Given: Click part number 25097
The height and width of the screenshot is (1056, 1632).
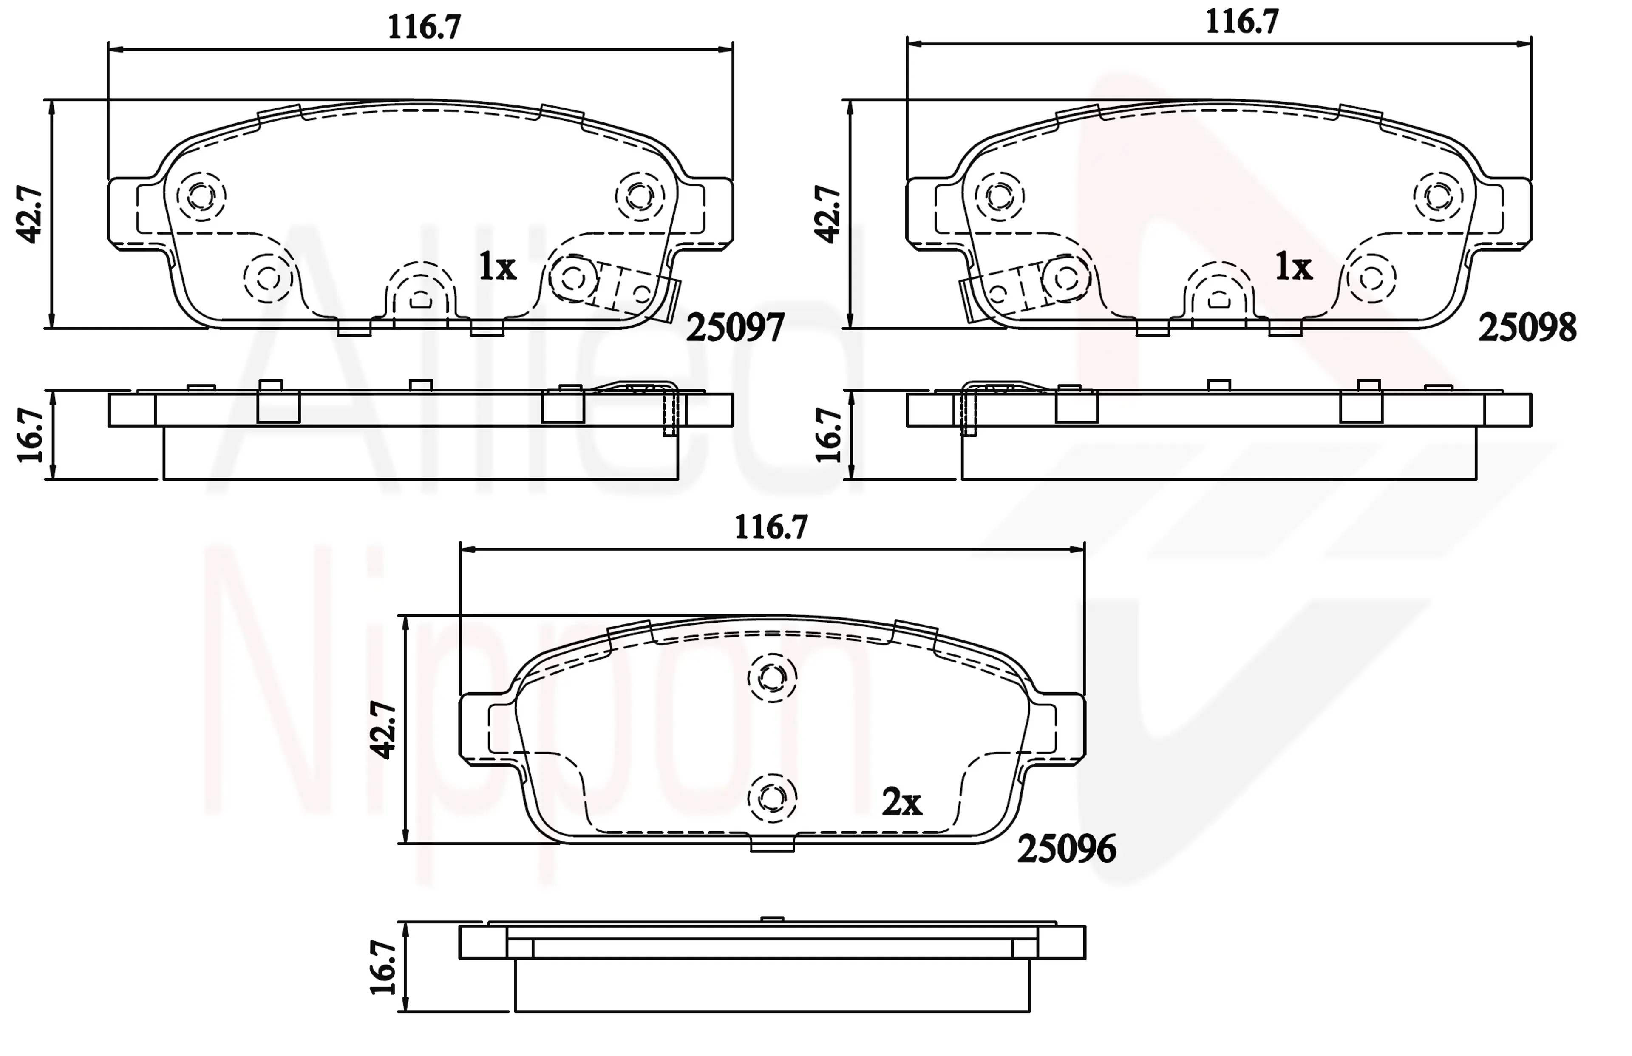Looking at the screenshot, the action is pos(735,328).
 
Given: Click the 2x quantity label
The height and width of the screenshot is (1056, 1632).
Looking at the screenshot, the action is pos(902,802).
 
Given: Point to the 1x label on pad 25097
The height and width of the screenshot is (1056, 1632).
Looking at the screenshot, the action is pos(497,267).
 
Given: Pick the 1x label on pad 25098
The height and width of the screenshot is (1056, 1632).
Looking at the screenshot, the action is pos(1293,267).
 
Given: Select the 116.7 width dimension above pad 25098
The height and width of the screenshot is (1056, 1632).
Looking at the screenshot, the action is pos(1242,23).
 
